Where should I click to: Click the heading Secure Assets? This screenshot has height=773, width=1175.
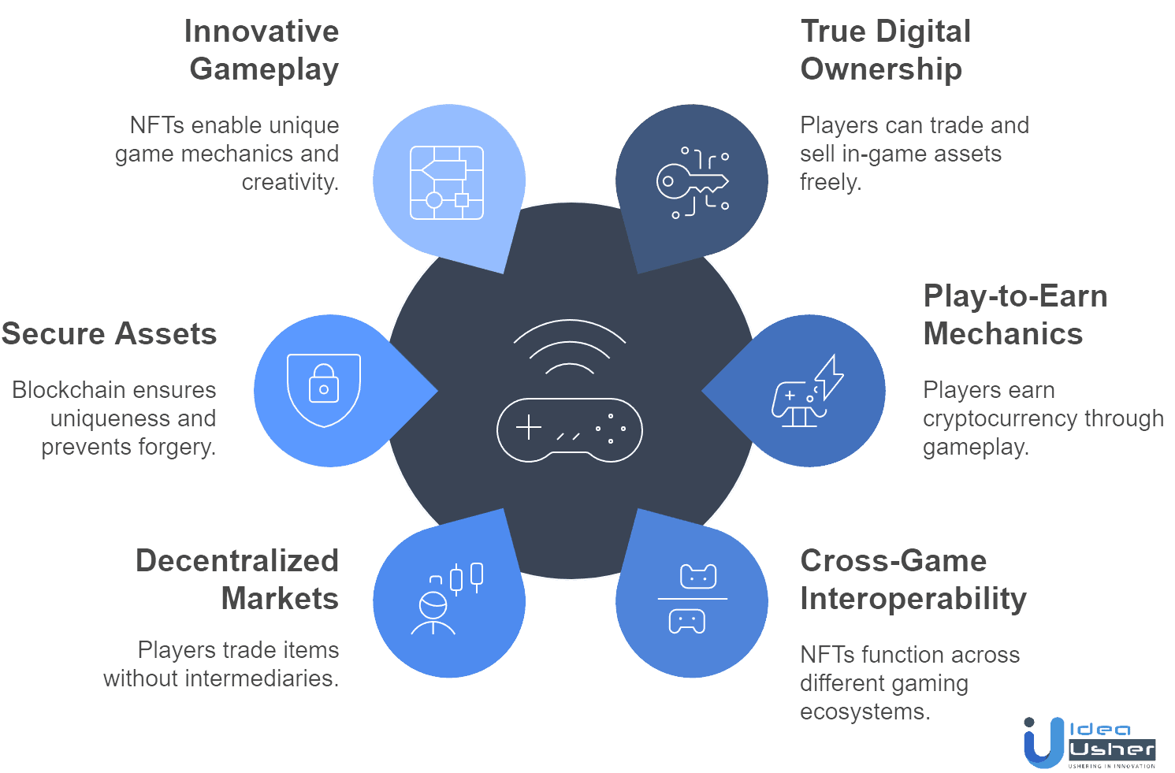[109, 333]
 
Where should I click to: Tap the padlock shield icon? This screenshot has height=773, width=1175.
[324, 390]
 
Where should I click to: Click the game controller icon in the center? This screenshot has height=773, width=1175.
[570, 430]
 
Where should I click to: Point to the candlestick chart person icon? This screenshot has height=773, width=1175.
[447, 599]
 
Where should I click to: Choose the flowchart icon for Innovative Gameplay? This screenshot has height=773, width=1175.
[447, 183]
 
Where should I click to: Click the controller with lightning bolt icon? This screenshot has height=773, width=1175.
[808, 391]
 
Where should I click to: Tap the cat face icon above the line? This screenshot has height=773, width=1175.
[698, 576]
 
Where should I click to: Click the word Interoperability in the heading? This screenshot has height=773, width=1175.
[913, 599]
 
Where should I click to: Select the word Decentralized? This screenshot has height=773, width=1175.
[237, 560]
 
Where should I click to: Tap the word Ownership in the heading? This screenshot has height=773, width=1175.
[881, 69]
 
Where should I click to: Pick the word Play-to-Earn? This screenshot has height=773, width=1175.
[1016, 296]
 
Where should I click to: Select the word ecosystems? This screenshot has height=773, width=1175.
[865, 712]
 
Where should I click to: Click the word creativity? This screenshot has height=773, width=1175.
[290, 183]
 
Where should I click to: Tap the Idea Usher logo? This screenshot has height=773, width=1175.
[1090, 742]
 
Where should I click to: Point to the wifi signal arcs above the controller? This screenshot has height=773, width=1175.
[570, 346]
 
